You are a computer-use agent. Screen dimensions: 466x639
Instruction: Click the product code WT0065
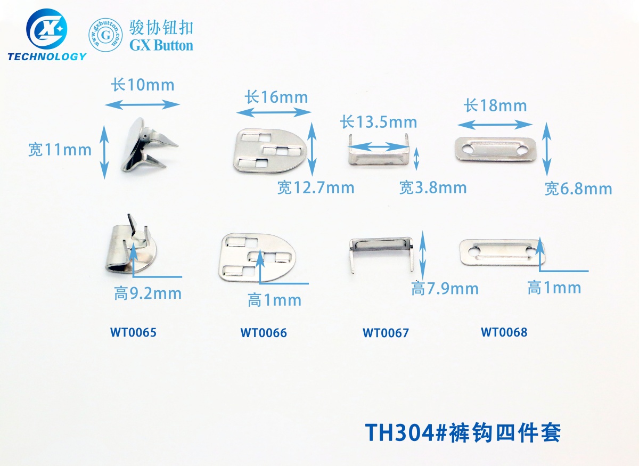click(x=133, y=333)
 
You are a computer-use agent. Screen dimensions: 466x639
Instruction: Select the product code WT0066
click(x=263, y=333)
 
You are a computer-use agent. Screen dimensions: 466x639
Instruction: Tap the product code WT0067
click(x=386, y=333)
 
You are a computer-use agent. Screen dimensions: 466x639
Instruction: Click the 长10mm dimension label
click(x=142, y=85)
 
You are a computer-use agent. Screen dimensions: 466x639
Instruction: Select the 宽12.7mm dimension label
click(x=315, y=187)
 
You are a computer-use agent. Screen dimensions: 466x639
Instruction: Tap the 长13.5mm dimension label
click(x=378, y=122)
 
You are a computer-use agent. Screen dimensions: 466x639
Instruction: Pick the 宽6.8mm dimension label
click(x=578, y=189)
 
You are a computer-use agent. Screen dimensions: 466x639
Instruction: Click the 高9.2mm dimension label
click(x=148, y=293)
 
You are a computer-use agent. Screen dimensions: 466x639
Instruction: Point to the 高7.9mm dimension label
click(x=445, y=289)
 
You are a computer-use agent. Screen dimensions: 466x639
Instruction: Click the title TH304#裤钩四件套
click(x=462, y=432)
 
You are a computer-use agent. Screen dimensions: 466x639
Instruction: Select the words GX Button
click(x=161, y=45)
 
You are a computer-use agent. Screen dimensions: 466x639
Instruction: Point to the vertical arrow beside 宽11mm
click(x=105, y=151)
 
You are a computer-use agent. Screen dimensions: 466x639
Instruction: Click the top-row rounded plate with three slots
click(x=269, y=151)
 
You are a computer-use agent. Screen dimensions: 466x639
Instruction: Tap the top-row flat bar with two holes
click(x=495, y=150)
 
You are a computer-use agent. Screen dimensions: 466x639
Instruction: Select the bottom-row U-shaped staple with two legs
click(x=380, y=250)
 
